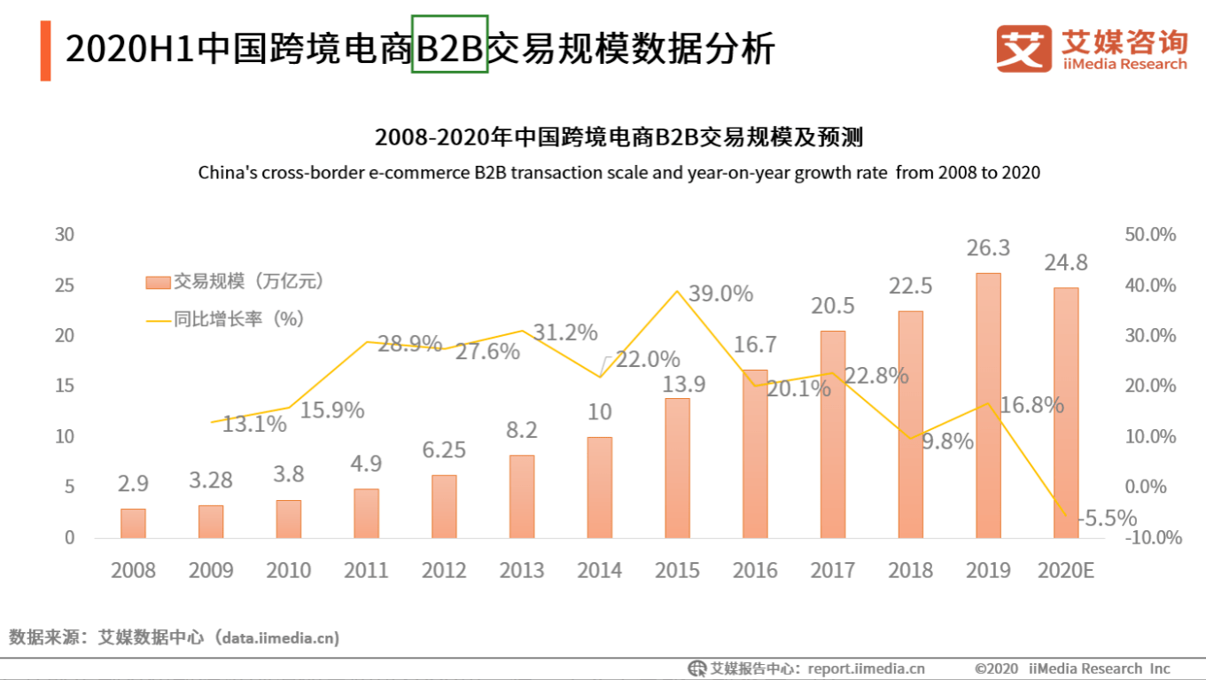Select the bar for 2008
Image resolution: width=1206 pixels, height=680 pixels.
tap(133, 523)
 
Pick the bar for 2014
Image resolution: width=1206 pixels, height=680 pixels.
tap(599, 487)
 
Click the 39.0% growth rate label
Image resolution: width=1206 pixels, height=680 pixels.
tap(720, 293)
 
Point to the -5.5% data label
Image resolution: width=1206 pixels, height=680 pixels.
tap(1108, 519)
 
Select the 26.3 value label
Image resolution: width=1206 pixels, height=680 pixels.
tap(988, 248)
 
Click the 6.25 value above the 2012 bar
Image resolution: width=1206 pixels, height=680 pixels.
tap(444, 450)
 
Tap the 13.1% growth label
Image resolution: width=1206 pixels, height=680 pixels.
tap(255, 425)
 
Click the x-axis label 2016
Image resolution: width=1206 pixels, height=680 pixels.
tap(755, 570)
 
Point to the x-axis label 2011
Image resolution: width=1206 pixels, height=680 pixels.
tap(366, 570)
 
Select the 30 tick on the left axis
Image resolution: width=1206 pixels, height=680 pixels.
tap(64, 235)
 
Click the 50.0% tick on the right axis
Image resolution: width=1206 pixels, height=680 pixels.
tap(1149, 235)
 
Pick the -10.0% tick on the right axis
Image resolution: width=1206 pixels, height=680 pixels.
tap(1149, 537)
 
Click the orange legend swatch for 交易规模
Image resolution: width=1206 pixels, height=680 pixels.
tap(157, 282)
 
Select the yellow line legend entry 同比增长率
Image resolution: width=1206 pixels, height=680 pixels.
tap(225, 319)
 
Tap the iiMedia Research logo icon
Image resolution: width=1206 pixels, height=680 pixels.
tap(1024, 48)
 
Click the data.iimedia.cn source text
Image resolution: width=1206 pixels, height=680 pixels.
tap(280, 637)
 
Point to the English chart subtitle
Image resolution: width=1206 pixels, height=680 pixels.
tap(619, 172)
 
